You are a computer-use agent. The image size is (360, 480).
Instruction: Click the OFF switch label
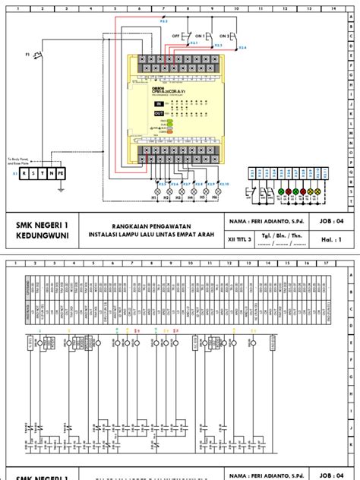coord(176,36)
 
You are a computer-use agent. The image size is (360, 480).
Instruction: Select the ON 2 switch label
coord(225,36)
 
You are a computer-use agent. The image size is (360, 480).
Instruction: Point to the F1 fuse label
coord(27,55)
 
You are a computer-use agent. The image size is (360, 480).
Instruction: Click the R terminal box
coord(24,173)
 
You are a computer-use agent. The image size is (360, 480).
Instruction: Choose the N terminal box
coord(52,173)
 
